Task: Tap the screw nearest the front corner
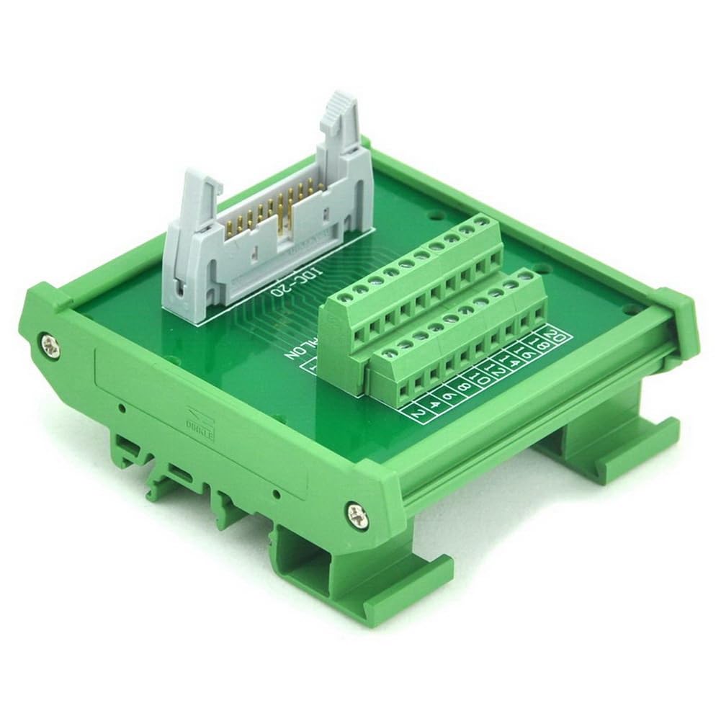tap(355, 513)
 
